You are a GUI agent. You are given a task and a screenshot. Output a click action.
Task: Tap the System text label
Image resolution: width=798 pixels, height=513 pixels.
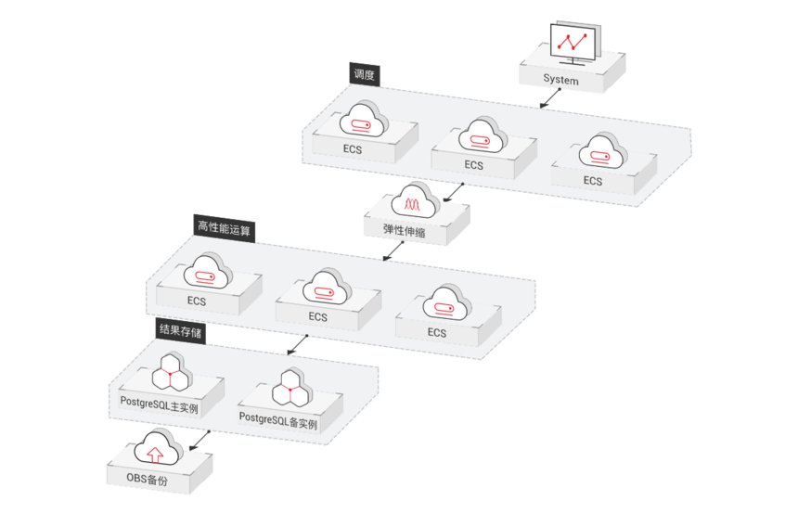(562, 81)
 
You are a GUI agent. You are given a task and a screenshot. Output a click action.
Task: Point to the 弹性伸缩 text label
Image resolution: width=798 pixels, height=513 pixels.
(405, 232)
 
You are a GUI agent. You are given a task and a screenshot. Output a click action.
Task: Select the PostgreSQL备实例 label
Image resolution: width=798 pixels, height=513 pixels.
(278, 419)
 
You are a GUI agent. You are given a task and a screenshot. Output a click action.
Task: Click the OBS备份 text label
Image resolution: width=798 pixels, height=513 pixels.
(153, 481)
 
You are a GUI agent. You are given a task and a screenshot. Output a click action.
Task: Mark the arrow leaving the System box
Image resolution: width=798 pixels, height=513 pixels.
(548, 99)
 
